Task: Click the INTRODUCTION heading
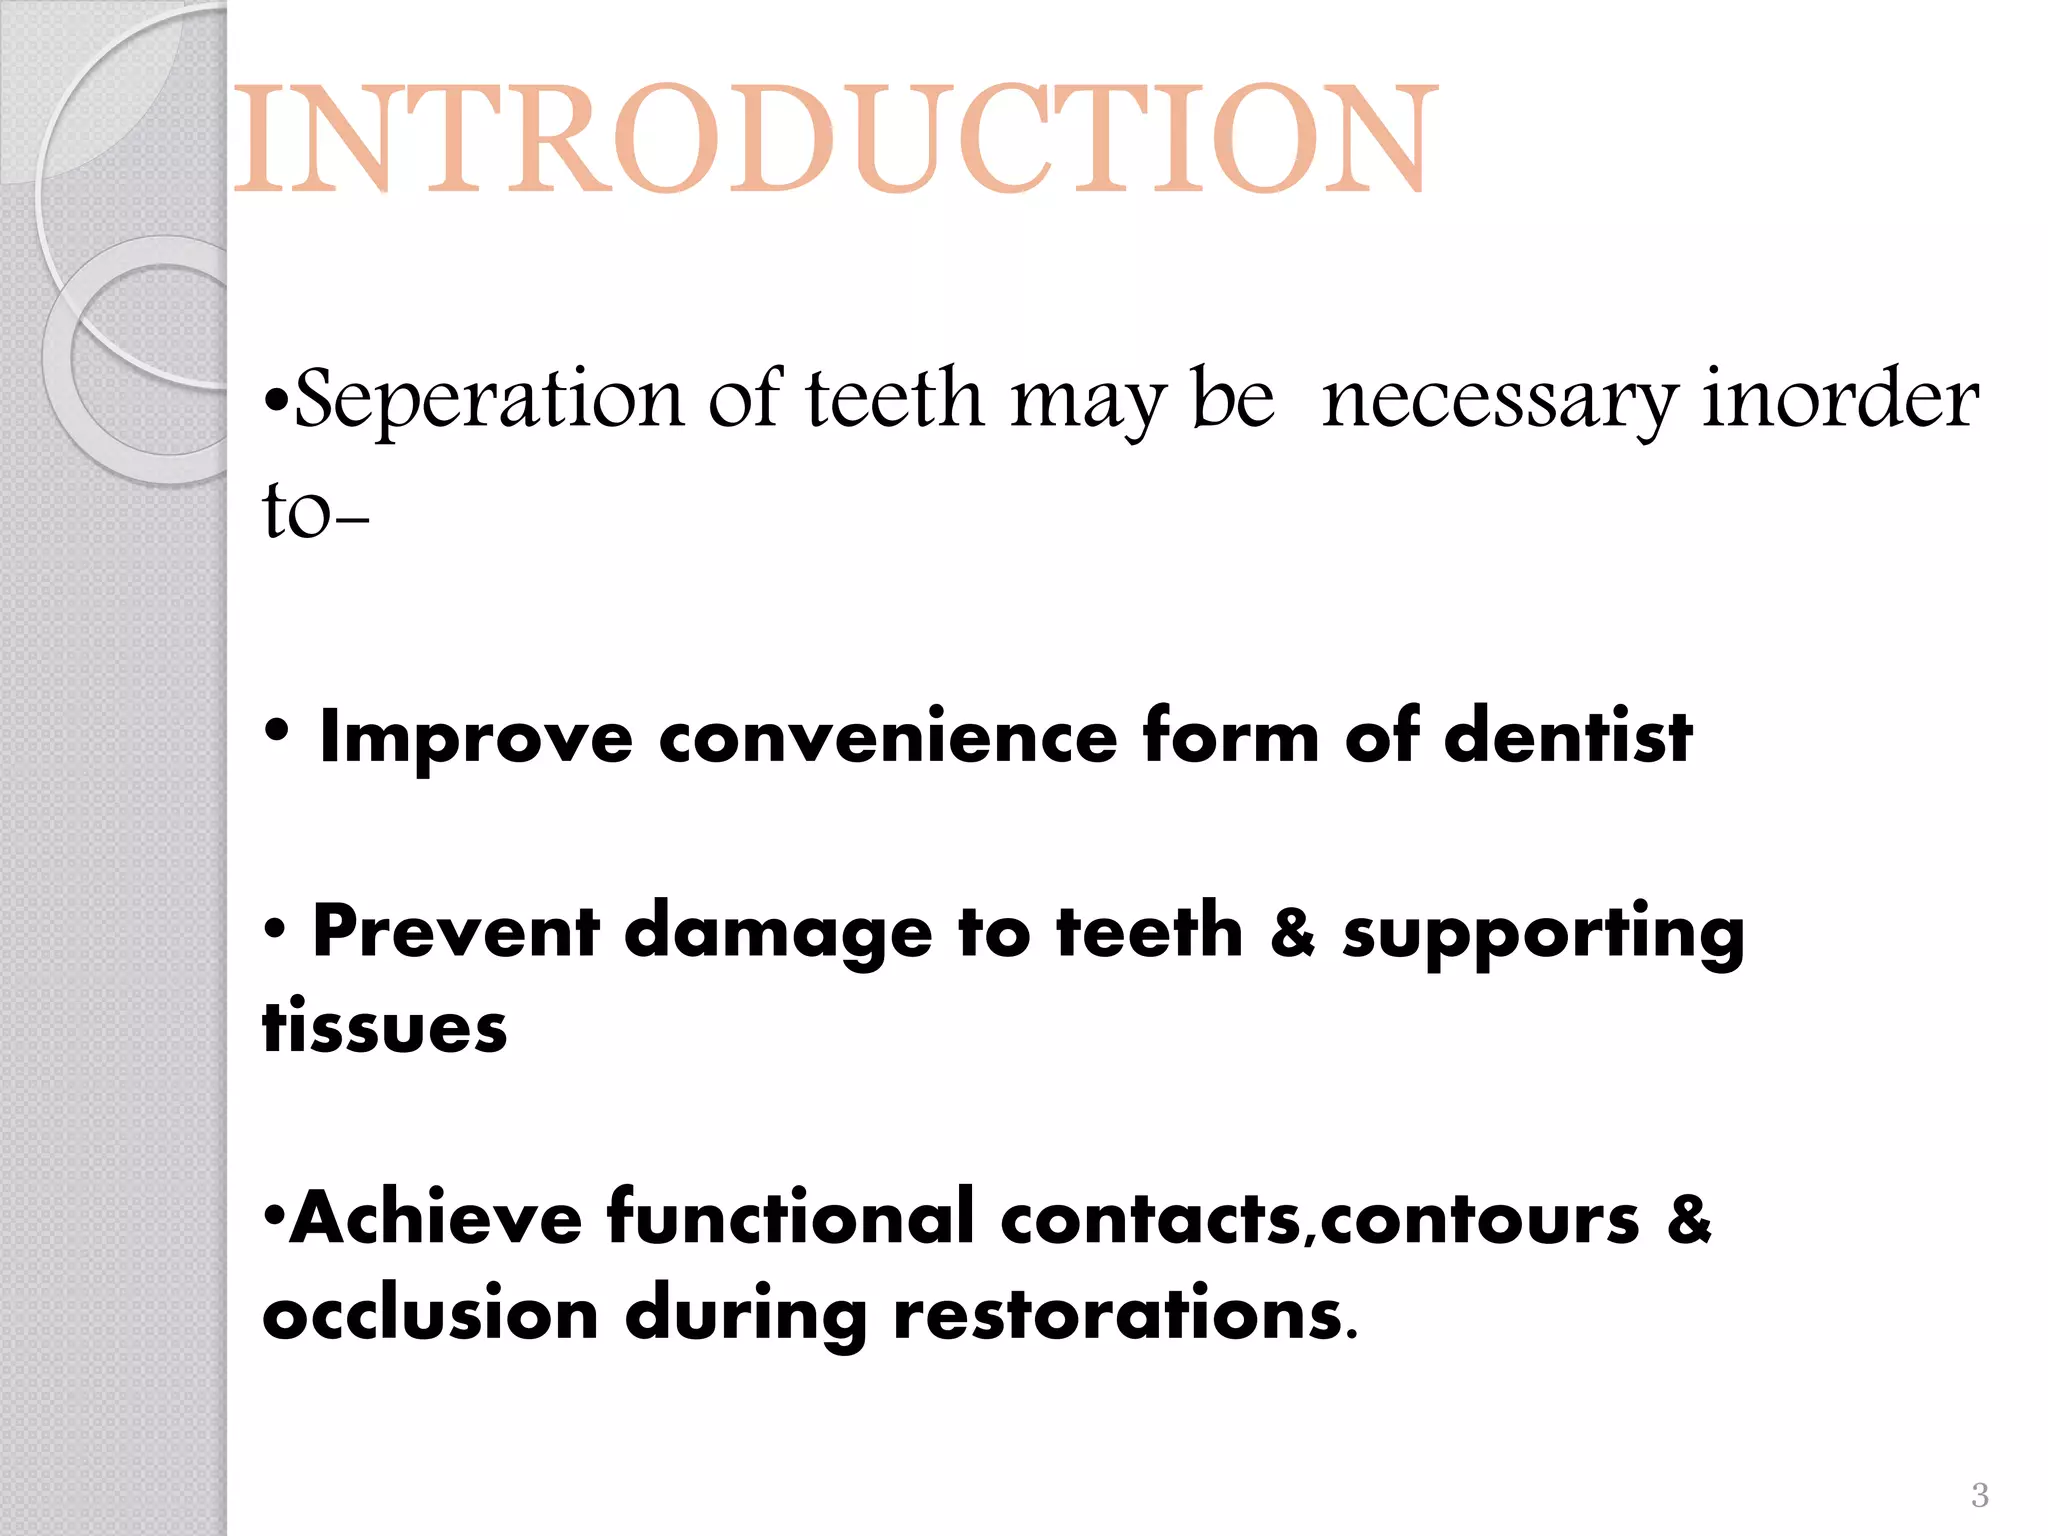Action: point(835,139)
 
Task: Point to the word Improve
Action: point(476,738)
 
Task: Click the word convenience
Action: point(887,738)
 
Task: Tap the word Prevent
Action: point(456,932)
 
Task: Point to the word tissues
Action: point(385,1028)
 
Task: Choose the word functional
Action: point(791,1219)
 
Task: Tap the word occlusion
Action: point(430,1314)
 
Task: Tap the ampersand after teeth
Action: point(1292,932)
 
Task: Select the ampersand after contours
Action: point(1689,1219)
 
